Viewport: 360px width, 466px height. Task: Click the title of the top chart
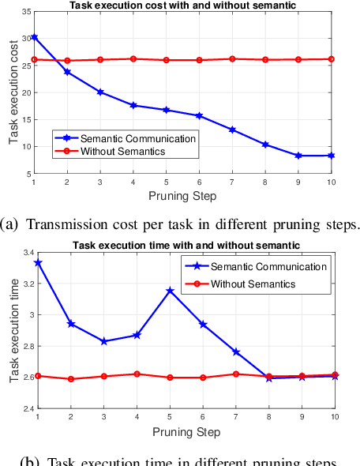tap(182, 6)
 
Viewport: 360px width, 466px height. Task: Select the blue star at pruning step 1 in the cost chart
tap(34, 37)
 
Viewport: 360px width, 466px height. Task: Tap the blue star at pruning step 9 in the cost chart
tap(298, 156)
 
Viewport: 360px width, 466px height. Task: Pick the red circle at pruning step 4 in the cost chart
tap(133, 58)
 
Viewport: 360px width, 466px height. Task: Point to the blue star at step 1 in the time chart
tap(38, 262)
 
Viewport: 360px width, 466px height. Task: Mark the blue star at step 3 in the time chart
tap(103, 341)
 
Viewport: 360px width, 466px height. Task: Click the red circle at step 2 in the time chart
tap(70, 379)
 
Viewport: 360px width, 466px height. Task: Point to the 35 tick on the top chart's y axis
tap(25, 12)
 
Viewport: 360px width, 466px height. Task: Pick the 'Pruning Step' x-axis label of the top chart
tap(182, 195)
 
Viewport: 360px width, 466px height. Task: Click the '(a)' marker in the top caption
tap(12, 224)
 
